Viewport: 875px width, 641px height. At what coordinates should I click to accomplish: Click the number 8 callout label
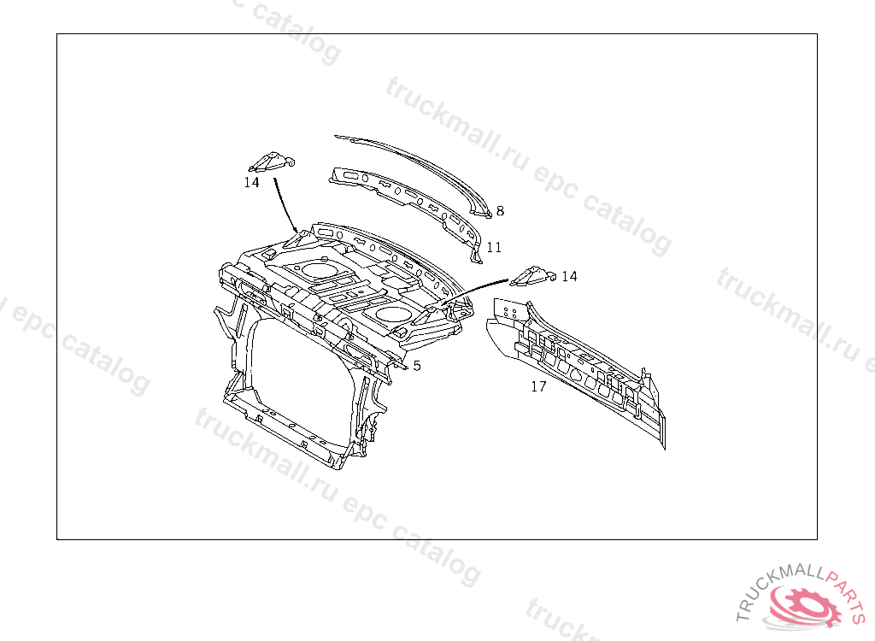point(500,211)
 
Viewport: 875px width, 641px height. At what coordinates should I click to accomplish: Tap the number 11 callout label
point(494,248)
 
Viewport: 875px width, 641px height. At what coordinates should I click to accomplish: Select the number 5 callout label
point(417,366)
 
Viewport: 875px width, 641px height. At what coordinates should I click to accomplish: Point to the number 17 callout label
point(538,386)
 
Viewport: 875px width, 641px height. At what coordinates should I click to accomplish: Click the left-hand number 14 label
point(251,182)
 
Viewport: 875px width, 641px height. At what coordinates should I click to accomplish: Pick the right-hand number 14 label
point(569,276)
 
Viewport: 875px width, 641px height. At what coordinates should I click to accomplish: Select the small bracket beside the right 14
point(532,274)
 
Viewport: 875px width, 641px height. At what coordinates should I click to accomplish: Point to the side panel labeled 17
point(581,368)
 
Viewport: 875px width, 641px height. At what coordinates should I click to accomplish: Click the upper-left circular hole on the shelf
point(320,270)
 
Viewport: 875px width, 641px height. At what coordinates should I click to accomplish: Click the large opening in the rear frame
point(299,368)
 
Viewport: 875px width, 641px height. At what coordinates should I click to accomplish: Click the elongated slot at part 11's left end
point(349,175)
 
